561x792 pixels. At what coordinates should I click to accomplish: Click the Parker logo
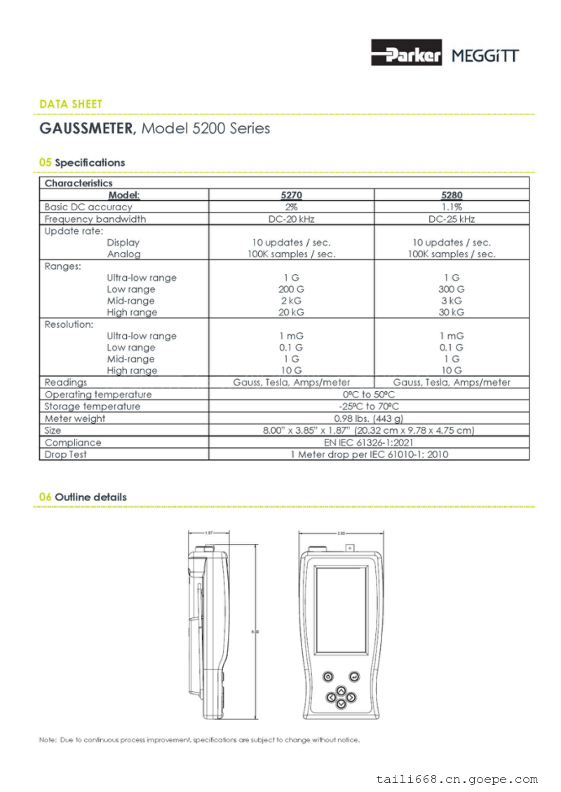[406, 53]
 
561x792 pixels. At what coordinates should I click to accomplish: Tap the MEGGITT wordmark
[485, 55]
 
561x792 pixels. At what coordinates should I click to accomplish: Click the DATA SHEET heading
[71, 104]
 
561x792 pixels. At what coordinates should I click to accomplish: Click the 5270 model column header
[291, 196]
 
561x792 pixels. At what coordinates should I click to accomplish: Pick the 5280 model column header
[452, 196]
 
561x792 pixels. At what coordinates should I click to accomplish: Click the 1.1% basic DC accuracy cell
[452, 207]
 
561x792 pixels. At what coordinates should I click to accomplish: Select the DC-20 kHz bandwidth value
[291, 219]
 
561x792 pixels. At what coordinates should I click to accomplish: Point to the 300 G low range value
[452, 289]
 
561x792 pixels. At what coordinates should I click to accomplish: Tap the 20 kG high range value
[291, 313]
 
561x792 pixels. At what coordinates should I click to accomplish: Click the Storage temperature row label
[92, 407]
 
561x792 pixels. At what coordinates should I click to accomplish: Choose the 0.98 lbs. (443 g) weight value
[369, 418]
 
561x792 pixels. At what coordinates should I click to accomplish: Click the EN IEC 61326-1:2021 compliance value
[369, 442]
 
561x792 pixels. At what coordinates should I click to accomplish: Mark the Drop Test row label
[66, 454]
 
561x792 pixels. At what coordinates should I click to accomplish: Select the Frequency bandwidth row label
[95, 219]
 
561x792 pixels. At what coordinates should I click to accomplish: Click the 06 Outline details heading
[83, 497]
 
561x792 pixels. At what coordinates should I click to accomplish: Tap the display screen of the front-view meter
[341, 610]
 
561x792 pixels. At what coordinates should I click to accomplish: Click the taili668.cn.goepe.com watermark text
[457, 779]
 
